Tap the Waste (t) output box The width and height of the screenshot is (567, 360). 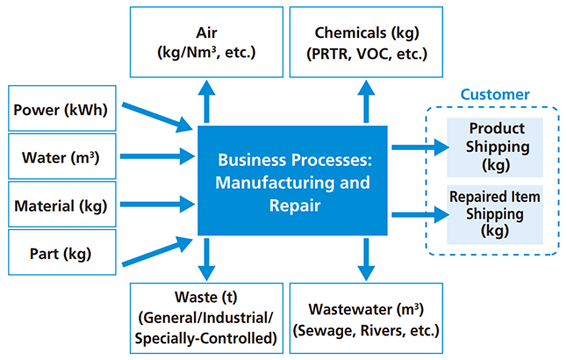(207, 318)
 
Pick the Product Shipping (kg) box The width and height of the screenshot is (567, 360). (497, 145)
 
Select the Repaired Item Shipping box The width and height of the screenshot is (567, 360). (497, 212)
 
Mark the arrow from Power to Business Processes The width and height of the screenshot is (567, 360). (157, 118)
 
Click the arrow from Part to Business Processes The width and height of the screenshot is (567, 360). (157, 250)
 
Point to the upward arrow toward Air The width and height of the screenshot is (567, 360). (207, 101)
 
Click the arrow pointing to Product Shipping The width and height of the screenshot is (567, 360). (420, 147)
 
